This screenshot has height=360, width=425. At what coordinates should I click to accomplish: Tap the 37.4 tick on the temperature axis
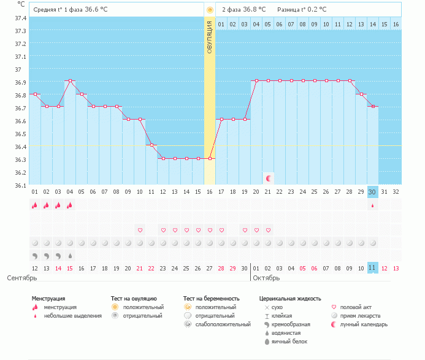(x=20, y=18)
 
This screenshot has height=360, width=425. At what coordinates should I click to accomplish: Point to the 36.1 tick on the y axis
(x=20, y=185)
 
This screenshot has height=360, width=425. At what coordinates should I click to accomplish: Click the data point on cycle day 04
(x=70, y=81)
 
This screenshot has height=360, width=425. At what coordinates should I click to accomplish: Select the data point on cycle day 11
(x=151, y=145)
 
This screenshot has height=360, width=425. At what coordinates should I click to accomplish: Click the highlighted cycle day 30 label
(x=373, y=191)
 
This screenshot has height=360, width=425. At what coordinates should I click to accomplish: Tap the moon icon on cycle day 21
(x=269, y=178)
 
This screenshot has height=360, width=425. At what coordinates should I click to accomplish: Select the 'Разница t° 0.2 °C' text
(x=302, y=9)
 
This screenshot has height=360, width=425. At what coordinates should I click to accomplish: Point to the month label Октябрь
(x=266, y=278)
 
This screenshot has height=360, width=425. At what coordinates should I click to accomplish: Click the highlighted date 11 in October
(x=373, y=269)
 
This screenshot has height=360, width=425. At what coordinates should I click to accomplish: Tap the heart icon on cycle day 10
(x=140, y=230)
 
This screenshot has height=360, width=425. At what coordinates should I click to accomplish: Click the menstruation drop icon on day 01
(x=35, y=205)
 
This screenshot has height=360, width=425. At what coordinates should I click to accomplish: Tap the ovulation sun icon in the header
(x=210, y=10)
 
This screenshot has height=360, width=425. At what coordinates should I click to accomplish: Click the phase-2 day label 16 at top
(x=396, y=24)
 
